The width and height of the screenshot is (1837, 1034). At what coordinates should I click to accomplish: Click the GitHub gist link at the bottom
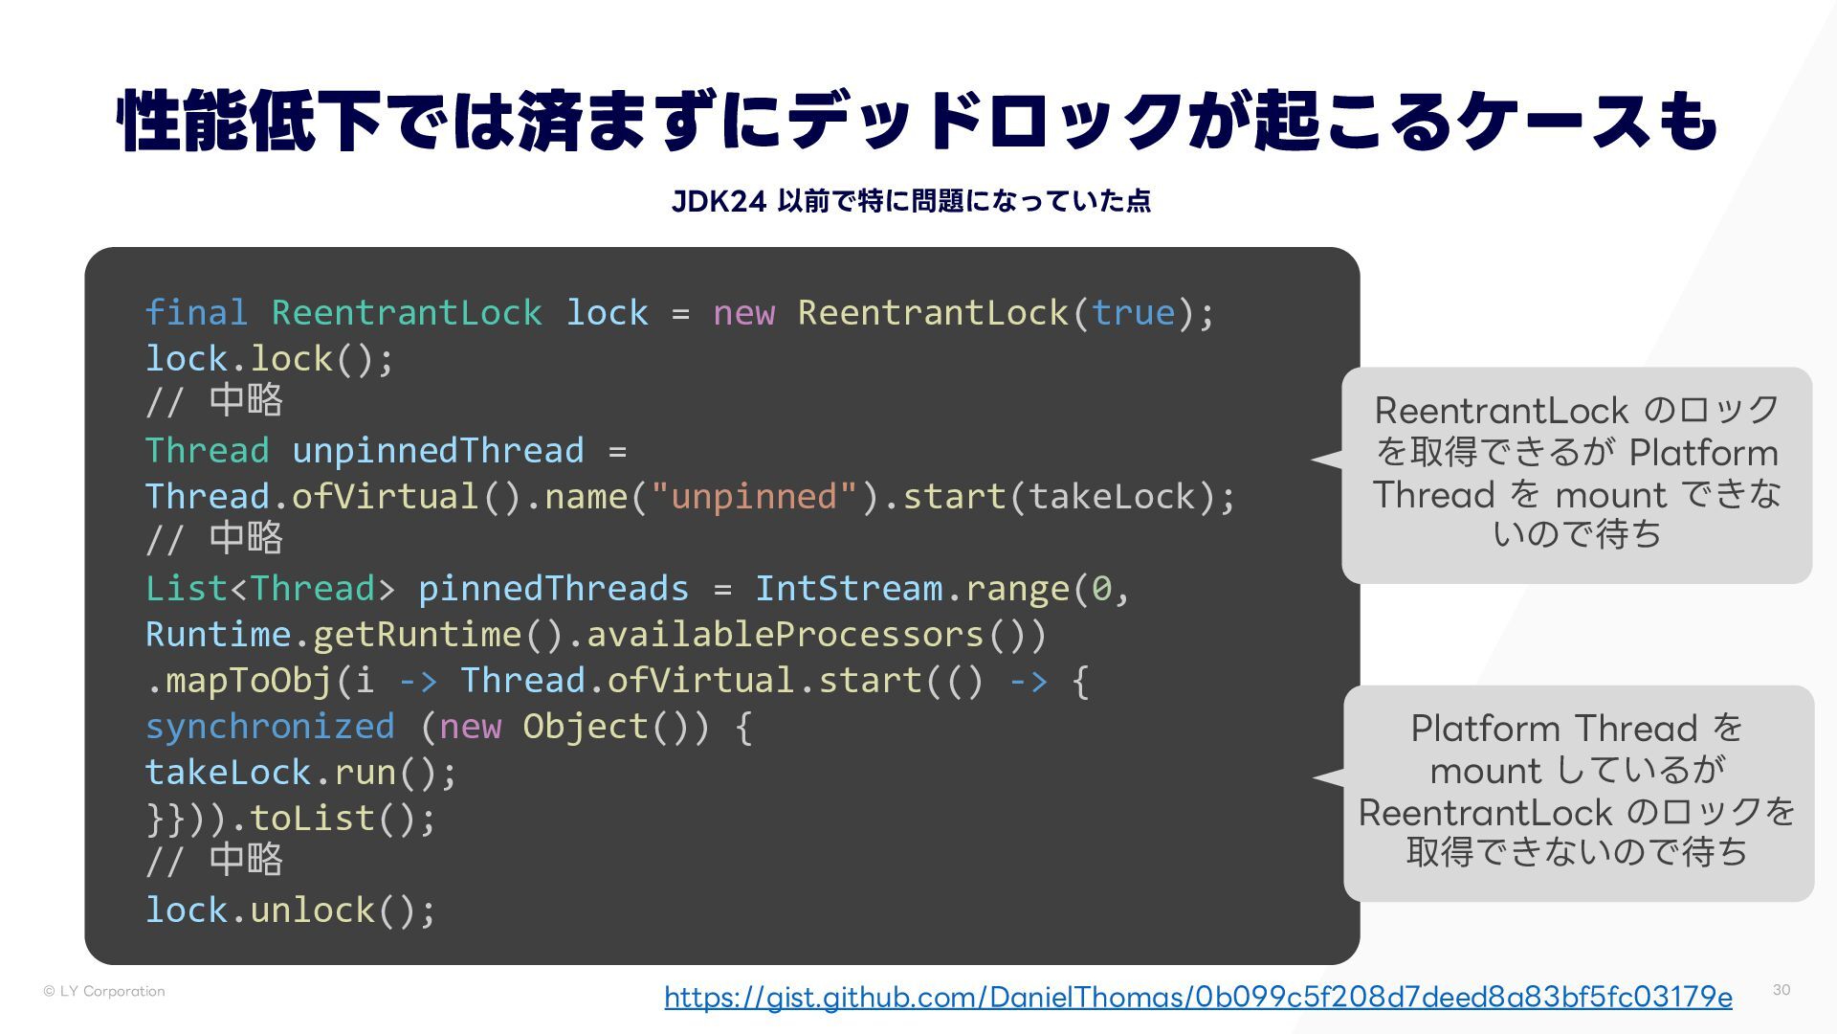tap(1198, 998)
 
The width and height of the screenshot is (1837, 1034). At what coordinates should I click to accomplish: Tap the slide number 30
tap(1781, 990)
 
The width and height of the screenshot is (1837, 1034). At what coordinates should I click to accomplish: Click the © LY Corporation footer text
tap(104, 992)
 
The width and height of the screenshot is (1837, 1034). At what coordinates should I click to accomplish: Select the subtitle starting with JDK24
tap(911, 201)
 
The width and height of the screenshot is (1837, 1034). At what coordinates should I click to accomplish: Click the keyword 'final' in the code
tap(196, 313)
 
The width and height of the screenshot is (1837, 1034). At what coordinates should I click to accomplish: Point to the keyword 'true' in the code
tap(1133, 313)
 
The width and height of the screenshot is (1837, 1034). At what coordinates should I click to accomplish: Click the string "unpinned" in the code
tap(754, 497)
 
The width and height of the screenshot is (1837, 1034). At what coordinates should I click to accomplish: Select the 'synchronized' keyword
tap(270, 727)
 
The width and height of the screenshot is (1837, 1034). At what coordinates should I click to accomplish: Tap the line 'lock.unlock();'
tap(291, 910)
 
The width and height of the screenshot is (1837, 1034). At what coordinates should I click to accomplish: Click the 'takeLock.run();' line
tap(301, 773)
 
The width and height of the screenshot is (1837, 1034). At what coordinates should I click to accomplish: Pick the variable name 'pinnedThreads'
tap(553, 589)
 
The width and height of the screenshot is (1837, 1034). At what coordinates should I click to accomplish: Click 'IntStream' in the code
tap(849, 589)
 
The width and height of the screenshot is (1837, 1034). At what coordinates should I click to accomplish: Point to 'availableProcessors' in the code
tap(785, 635)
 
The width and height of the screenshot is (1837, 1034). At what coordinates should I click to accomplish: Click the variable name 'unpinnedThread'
tap(437, 451)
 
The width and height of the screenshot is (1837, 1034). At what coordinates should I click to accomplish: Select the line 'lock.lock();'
tap(270, 359)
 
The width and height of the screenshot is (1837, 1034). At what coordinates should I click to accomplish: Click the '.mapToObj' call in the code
tap(239, 681)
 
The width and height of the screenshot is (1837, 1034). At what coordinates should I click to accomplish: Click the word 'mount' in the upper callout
tap(1610, 496)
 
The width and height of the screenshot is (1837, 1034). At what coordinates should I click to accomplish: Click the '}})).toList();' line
tap(291, 819)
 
